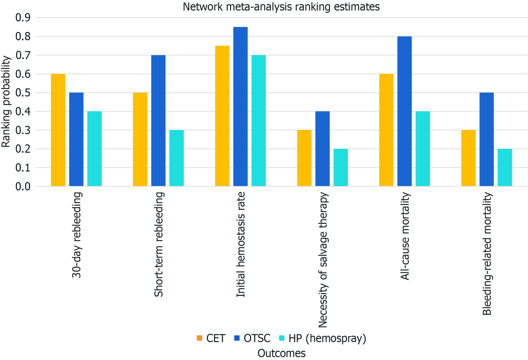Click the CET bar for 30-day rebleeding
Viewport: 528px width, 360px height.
pyautogui.click(x=58, y=130)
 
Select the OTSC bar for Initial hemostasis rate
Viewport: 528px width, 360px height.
pyautogui.click(x=240, y=106)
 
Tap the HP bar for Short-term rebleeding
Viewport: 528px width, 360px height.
pyautogui.click(x=176, y=158)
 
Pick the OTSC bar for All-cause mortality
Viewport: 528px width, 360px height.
pyautogui.click(x=404, y=111)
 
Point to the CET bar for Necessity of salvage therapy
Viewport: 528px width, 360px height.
pyautogui.click(x=304, y=158)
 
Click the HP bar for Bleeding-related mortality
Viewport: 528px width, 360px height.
pyautogui.click(x=505, y=167)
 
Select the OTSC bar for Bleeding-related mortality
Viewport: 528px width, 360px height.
pyautogui.click(x=486, y=139)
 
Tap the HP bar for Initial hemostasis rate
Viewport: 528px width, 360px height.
pyautogui.click(x=259, y=120)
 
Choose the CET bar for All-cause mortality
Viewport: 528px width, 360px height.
pyautogui.click(x=386, y=130)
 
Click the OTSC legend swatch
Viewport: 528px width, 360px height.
pyautogui.click(x=237, y=338)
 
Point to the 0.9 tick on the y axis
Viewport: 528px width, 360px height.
pyautogui.click(x=23, y=18)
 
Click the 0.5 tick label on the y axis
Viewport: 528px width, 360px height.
pyautogui.click(x=23, y=93)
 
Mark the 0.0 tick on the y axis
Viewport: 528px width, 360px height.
pyautogui.click(x=23, y=186)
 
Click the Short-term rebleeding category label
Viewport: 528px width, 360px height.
pyautogui.click(x=159, y=244)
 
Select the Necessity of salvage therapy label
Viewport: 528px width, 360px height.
pyautogui.click(x=323, y=260)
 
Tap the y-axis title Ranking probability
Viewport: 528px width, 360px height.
pyautogui.click(x=6, y=102)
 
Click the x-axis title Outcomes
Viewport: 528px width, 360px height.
pyautogui.click(x=281, y=353)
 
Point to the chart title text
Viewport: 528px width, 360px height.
pyautogui.click(x=281, y=7)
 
